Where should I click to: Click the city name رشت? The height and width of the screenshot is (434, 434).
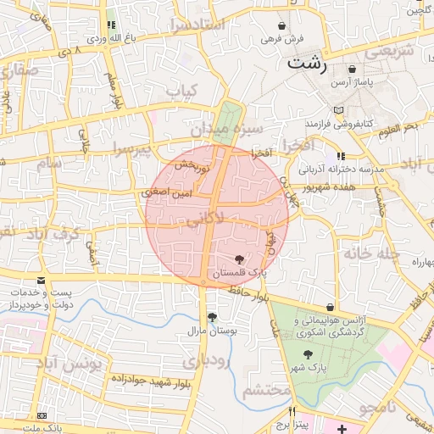click(306, 63)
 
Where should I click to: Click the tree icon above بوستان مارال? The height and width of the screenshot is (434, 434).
click(200, 316)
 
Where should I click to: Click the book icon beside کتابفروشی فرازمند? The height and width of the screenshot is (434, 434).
click(339, 110)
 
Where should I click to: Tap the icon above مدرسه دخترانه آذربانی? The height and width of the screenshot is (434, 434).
click(341, 156)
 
